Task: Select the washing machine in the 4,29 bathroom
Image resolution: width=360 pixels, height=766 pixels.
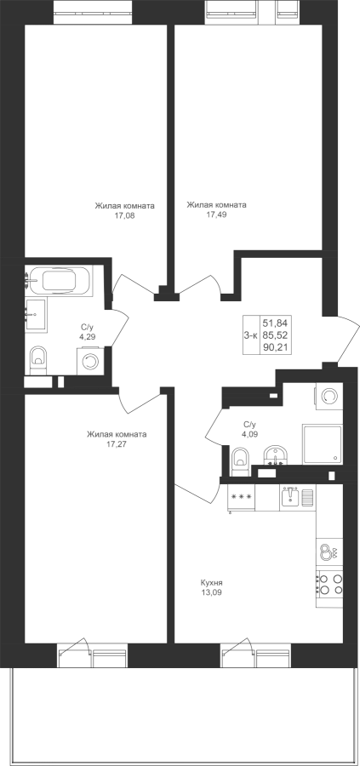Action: pyautogui.click(x=89, y=361)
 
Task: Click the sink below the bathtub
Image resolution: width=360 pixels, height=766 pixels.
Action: pyautogui.click(x=36, y=315)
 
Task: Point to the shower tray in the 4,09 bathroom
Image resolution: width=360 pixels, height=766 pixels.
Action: pyautogui.click(x=322, y=444)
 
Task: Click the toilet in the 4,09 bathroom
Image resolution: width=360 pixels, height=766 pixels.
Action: pyautogui.click(x=240, y=460)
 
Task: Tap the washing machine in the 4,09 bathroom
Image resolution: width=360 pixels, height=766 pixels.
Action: pyautogui.click(x=329, y=396)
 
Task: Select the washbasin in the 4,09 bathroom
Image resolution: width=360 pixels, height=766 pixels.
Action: pyautogui.click(x=275, y=456)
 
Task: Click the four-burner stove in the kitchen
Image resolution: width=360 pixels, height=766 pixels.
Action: pyautogui.click(x=329, y=584)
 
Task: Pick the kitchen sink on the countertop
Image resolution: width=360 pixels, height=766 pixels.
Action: pyautogui.click(x=298, y=497)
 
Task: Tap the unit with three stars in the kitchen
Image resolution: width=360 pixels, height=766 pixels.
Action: pyautogui.click(x=241, y=497)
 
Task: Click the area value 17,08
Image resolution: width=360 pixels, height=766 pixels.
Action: pyautogui.click(x=123, y=215)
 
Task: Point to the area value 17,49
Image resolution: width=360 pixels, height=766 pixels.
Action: pyautogui.click(x=216, y=214)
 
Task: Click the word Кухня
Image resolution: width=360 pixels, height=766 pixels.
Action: pyautogui.click(x=212, y=582)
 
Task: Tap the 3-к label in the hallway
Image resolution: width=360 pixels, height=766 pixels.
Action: pyautogui.click(x=250, y=335)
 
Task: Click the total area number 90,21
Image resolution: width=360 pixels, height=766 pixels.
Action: pyautogui.click(x=276, y=348)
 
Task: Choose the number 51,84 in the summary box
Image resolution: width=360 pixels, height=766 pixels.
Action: pyautogui.click(x=276, y=323)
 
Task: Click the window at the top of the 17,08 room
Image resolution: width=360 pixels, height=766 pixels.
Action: pyautogui.click(x=93, y=12)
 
